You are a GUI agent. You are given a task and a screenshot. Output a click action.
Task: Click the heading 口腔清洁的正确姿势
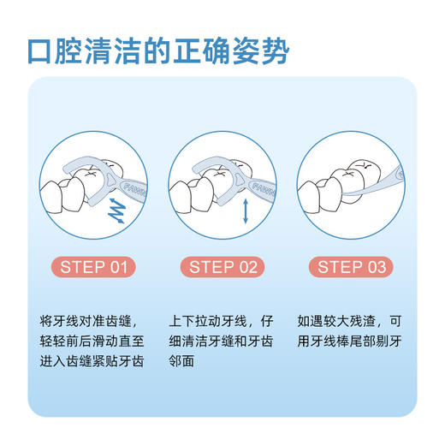point(157,50)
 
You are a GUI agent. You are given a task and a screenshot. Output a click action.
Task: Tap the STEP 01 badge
point(94,267)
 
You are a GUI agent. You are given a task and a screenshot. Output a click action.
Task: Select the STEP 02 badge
point(222,267)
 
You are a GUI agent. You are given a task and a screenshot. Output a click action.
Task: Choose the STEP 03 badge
point(351,267)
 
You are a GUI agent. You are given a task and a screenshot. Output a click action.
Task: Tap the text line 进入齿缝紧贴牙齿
point(94,361)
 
